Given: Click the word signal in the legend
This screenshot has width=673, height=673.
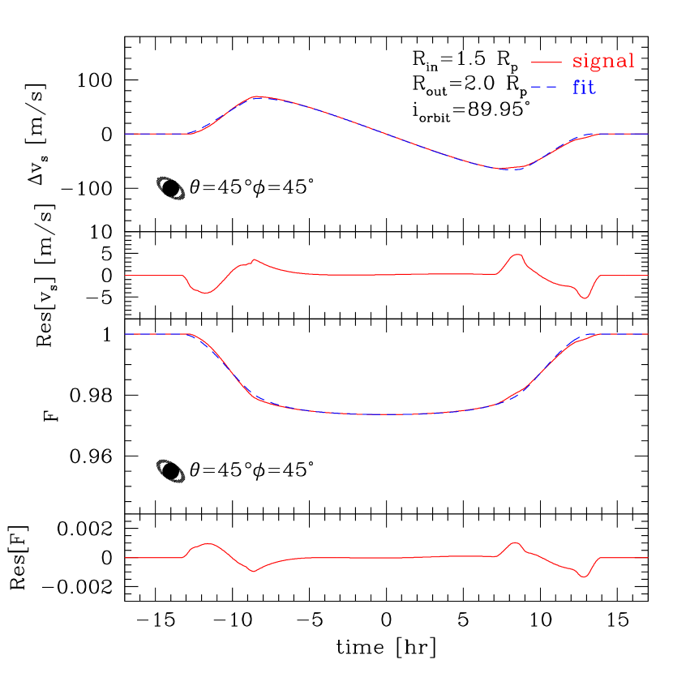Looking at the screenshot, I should click(x=603, y=62).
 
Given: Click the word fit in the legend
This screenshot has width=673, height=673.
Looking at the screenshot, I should click(x=584, y=88).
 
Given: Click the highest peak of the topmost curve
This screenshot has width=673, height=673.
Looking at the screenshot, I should click(x=257, y=96).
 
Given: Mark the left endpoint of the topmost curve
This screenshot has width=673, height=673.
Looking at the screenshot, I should click(x=125, y=134).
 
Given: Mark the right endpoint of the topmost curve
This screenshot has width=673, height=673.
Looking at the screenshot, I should click(x=648, y=134).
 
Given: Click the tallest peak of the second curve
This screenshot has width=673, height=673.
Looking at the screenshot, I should click(x=517, y=255).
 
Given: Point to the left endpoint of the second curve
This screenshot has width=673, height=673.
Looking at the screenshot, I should click(x=125, y=276).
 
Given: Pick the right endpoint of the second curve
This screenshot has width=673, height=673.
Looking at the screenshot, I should click(x=648, y=276).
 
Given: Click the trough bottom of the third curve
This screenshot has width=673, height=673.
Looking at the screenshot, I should click(x=389, y=414).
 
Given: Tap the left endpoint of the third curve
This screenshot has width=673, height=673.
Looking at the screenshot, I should click(x=125, y=334).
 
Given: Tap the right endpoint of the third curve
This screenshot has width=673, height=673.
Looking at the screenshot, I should click(x=648, y=334).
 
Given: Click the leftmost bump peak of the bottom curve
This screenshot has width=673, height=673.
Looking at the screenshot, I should click(x=209, y=543).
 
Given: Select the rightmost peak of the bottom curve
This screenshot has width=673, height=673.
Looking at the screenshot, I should click(x=514, y=542).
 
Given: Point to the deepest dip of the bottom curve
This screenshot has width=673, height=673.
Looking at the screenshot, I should click(x=585, y=577).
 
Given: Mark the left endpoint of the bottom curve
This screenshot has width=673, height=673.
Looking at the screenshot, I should click(x=125, y=558).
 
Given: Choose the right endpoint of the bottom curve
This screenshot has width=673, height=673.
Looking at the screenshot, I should click(x=648, y=558).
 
